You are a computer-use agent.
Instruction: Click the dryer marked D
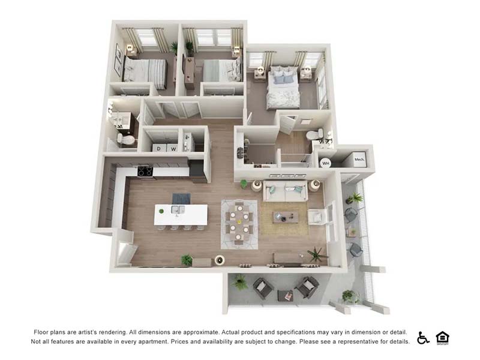(x=159, y=148)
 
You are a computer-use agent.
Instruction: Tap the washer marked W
(x=173, y=148)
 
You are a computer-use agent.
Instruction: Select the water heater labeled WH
(x=325, y=163)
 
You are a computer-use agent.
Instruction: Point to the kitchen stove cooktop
(x=145, y=172)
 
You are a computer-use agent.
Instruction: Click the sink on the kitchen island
(x=178, y=209)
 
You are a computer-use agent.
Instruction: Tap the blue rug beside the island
(x=181, y=199)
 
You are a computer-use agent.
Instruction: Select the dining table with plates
(x=239, y=221)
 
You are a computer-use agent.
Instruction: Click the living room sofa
(x=286, y=190)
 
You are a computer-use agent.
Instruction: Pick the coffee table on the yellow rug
(x=286, y=217)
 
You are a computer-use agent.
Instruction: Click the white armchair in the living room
(x=316, y=217)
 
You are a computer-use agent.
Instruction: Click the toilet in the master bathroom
(x=314, y=134)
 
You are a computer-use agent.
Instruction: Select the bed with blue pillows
(x=283, y=88)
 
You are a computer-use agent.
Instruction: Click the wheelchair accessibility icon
(x=423, y=338)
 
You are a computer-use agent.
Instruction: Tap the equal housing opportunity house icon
(x=442, y=338)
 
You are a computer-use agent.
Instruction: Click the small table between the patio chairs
(x=285, y=296)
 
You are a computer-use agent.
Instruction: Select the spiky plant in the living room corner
(x=317, y=254)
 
